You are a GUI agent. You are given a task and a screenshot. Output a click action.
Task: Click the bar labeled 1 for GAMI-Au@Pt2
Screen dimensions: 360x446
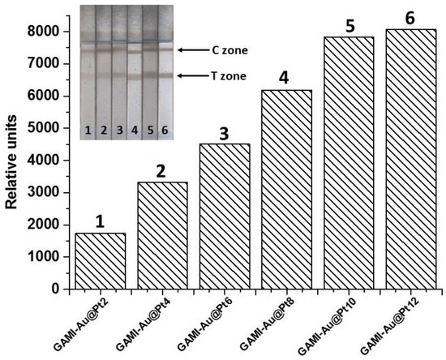pos(99,260)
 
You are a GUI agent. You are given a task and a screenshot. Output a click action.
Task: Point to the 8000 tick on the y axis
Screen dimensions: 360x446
pos(51,32)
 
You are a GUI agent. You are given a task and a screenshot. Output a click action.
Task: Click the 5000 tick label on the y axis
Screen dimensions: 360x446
pos(51,128)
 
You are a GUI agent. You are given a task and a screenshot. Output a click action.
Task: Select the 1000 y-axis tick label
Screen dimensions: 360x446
pos(51,256)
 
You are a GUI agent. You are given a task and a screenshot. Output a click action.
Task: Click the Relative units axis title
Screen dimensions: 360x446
pos(14,156)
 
